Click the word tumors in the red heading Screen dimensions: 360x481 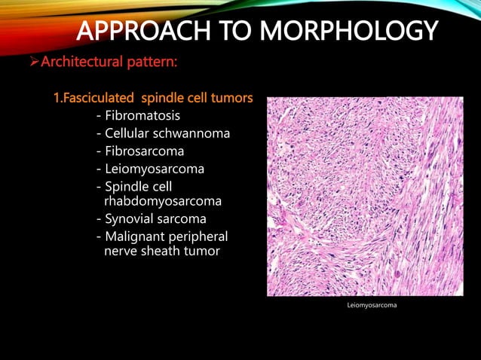click(233, 99)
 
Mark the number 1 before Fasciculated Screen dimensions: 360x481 click(56, 99)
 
